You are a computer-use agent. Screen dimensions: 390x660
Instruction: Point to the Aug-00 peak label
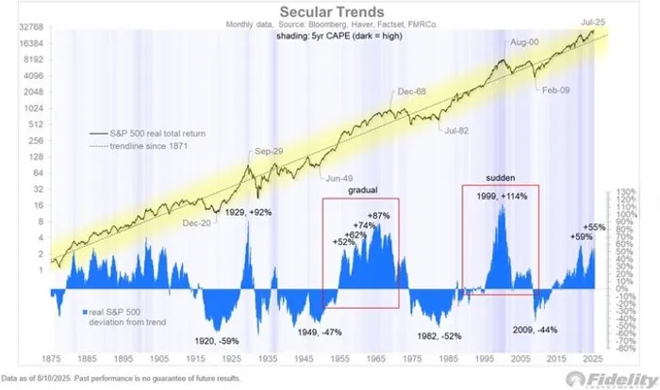(526, 43)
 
